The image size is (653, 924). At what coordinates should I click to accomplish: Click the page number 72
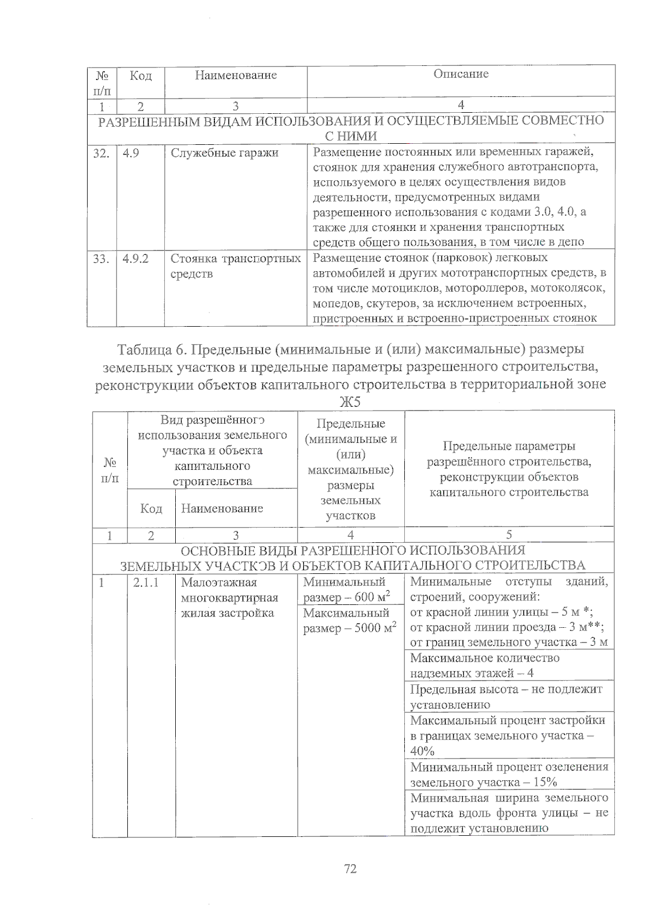tap(350, 868)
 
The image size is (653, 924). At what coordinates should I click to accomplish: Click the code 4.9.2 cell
tap(135, 259)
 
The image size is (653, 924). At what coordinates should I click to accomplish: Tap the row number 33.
tap(101, 259)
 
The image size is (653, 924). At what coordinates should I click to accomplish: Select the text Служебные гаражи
tap(224, 153)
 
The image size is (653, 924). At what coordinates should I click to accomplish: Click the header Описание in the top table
tap(460, 74)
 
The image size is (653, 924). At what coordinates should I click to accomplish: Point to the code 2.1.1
tap(146, 583)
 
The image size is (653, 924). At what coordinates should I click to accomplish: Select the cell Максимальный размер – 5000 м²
tap(349, 621)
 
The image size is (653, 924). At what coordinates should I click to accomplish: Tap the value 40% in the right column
tap(423, 751)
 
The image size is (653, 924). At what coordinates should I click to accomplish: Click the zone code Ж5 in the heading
tap(350, 402)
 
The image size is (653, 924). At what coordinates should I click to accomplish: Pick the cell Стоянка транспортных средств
tap(235, 266)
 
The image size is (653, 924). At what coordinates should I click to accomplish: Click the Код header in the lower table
tap(151, 508)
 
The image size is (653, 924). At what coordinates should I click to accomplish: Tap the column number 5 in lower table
tap(509, 535)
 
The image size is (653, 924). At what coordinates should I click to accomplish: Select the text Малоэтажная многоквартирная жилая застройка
tap(229, 598)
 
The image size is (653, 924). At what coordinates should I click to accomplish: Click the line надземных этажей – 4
tap(471, 673)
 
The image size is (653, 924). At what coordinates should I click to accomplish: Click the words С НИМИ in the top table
tap(350, 136)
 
